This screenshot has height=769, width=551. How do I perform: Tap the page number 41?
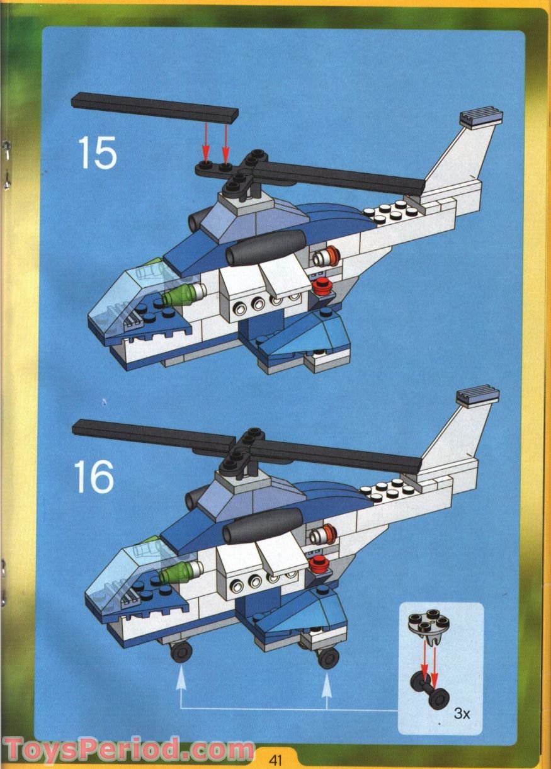275,759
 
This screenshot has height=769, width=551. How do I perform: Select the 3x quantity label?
462,714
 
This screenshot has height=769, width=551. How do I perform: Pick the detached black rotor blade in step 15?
155,107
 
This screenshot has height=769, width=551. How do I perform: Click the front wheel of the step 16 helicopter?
181,651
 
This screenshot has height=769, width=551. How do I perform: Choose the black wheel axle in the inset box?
429,692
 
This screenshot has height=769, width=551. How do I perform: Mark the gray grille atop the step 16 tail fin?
478,397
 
